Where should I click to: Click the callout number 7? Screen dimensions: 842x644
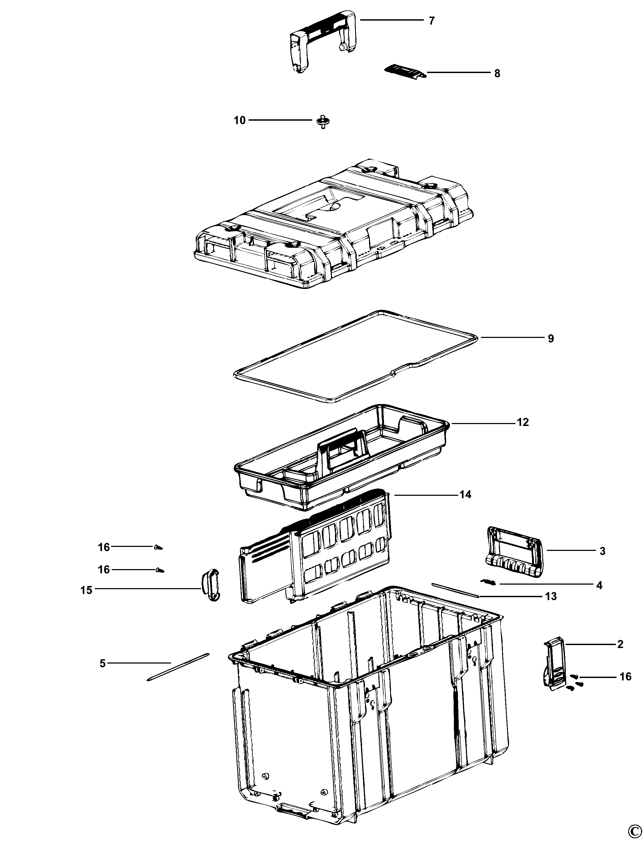point(432,21)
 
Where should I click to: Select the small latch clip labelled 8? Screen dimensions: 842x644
point(404,70)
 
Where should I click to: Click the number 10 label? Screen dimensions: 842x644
point(240,120)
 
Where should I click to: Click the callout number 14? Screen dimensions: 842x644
point(465,494)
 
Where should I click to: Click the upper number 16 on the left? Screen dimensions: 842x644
point(104,547)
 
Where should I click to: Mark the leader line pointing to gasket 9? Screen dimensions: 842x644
point(512,337)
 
